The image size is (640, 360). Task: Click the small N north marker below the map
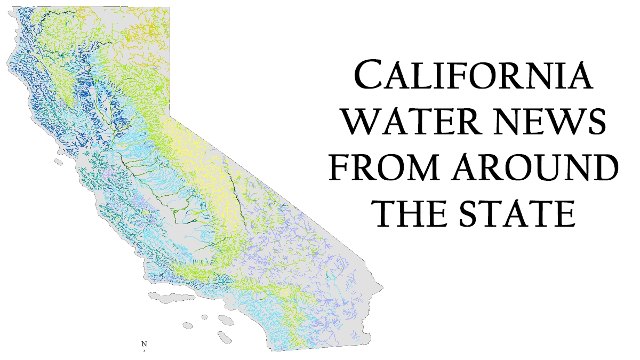[143, 344]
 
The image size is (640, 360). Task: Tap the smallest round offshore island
[204, 317]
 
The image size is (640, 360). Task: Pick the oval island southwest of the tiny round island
[188, 324]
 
